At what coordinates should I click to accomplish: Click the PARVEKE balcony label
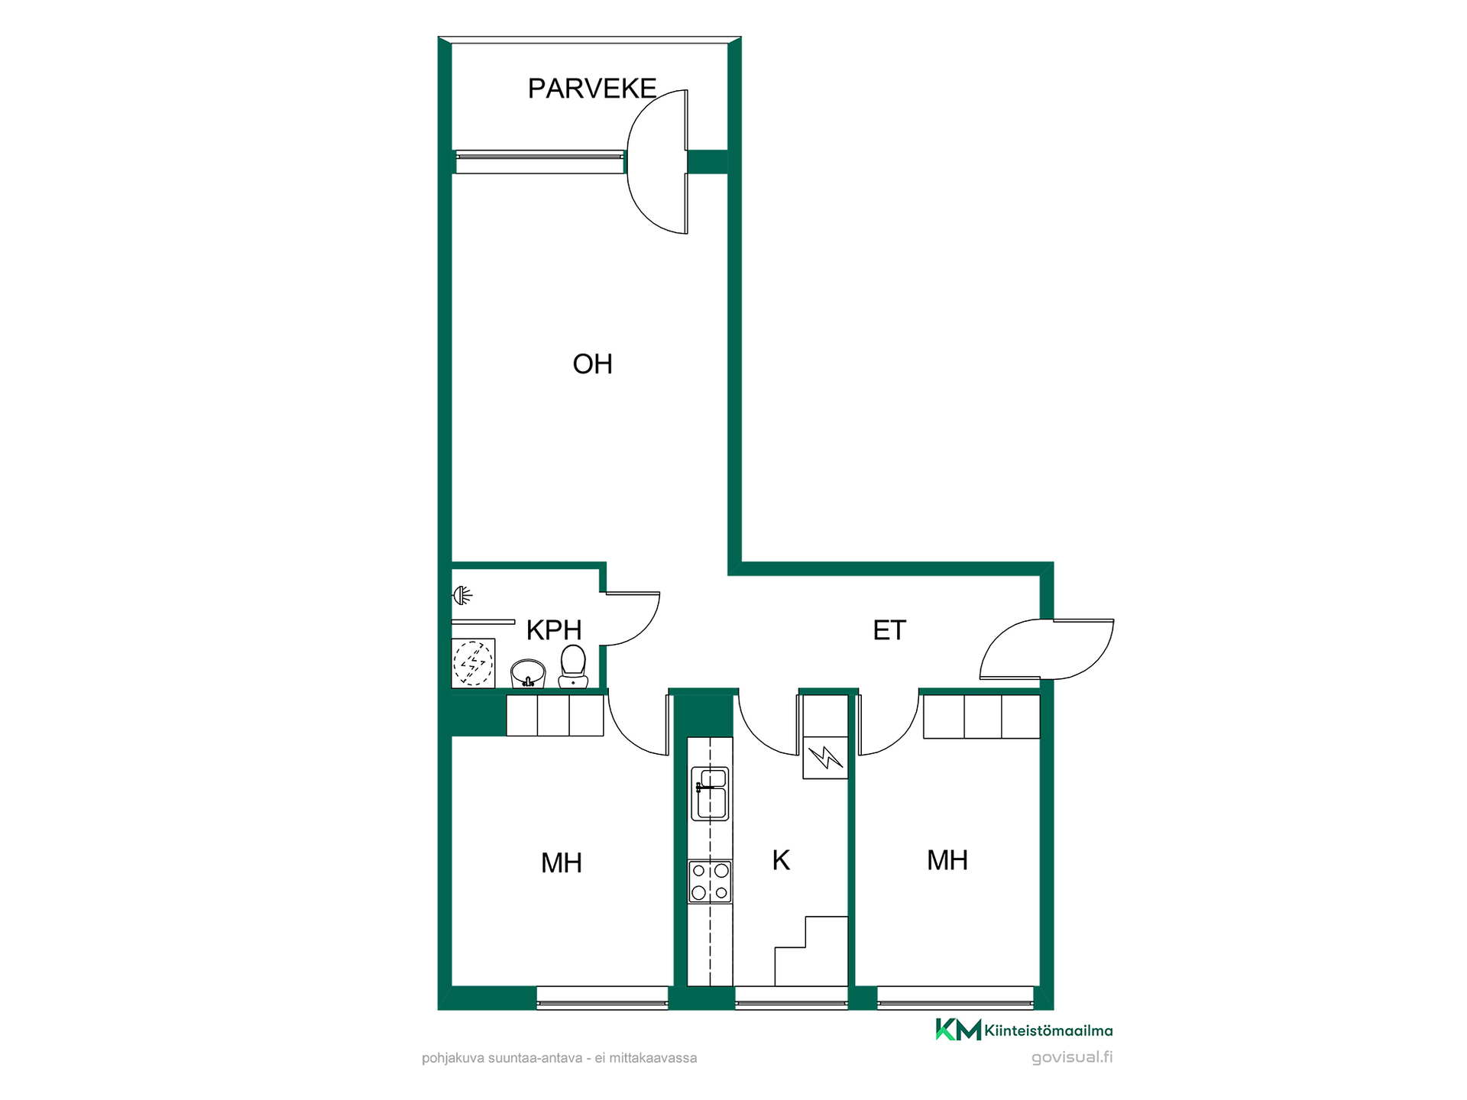(x=592, y=89)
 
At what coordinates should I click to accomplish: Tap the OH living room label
(x=593, y=364)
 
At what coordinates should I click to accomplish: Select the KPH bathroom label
(x=554, y=630)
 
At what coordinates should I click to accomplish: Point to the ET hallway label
(x=889, y=630)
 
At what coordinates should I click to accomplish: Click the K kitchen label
(x=781, y=860)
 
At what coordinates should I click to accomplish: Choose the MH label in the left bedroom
(x=562, y=863)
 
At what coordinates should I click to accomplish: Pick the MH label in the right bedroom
(x=947, y=860)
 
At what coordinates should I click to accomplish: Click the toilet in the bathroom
(x=573, y=667)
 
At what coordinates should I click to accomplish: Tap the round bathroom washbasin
(x=528, y=674)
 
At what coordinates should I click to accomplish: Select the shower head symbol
(x=463, y=594)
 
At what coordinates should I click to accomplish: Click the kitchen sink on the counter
(x=710, y=794)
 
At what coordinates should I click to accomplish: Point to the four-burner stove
(x=710, y=882)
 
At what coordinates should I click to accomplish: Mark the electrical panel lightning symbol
(x=825, y=758)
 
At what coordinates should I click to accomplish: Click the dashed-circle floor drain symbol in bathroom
(x=473, y=662)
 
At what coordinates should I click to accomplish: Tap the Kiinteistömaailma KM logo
(x=1024, y=1030)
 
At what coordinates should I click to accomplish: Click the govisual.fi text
(x=1072, y=1057)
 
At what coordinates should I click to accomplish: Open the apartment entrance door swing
(x=1047, y=649)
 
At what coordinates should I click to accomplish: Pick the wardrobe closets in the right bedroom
(x=982, y=717)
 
